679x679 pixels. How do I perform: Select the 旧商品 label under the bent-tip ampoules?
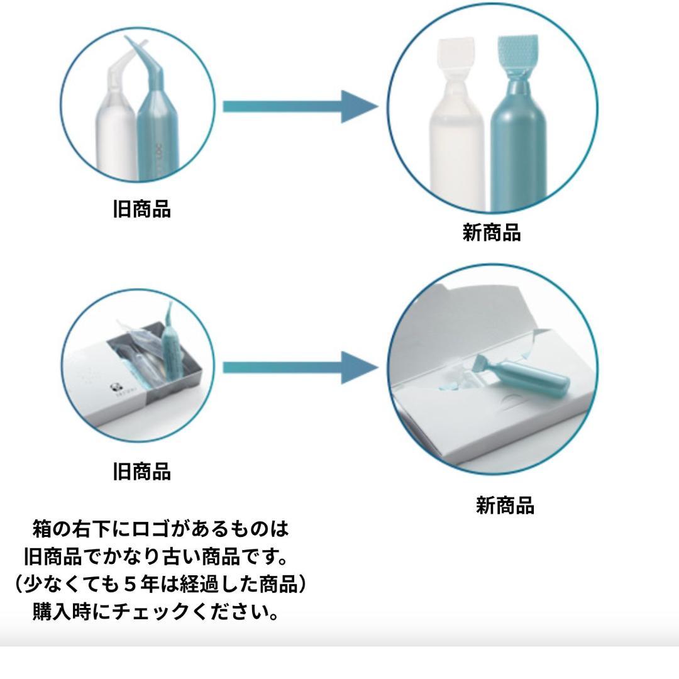(141, 209)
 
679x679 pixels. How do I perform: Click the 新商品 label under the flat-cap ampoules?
(492, 233)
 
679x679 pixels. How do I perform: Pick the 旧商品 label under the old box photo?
(141, 471)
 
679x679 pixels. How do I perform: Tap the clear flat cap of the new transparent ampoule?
(454, 57)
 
